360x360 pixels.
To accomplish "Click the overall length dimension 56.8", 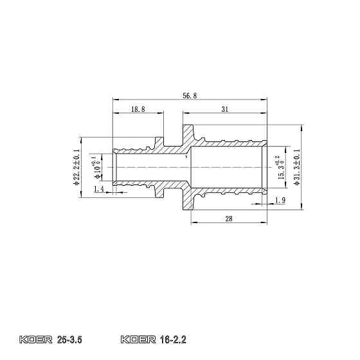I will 190,95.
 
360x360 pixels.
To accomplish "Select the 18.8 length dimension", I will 137,110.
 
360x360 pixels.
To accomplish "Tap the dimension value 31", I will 225,110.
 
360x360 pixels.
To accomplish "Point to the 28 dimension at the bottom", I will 228,219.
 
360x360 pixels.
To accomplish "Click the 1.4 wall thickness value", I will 98,189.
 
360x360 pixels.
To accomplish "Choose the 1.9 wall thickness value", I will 280,201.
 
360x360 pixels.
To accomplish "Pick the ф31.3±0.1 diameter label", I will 296,168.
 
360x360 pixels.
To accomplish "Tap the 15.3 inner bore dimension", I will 280,168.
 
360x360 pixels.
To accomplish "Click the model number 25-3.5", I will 70,338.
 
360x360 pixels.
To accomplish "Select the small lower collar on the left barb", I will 157,191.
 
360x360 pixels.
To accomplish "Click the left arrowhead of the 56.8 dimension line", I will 115,100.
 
